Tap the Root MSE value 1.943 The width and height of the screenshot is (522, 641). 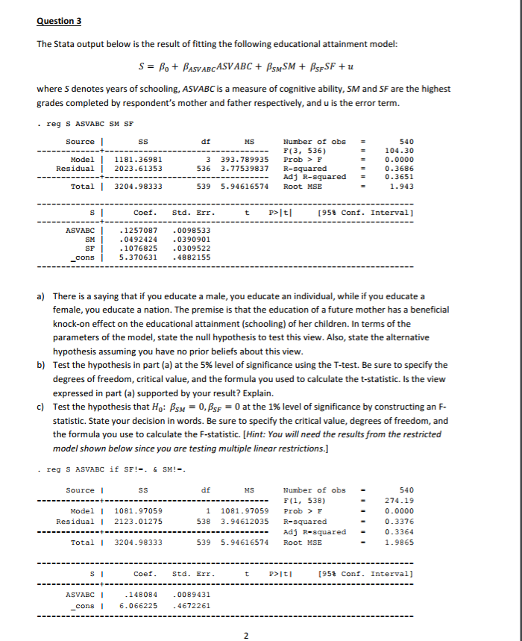pyautogui.click(x=406, y=186)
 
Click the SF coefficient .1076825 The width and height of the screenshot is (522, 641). pyautogui.click(x=139, y=248)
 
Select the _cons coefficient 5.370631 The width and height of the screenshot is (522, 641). pyautogui.click(x=139, y=257)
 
